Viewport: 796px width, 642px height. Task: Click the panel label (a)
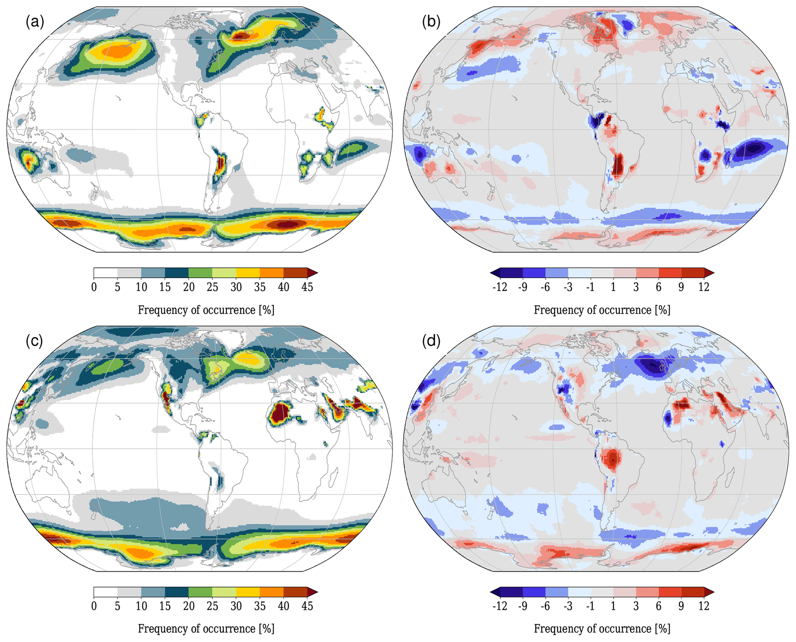click(x=35, y=22)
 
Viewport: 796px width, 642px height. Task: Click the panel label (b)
click(x=431, y=22)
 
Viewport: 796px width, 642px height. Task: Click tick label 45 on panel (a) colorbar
click(x=307, y=287)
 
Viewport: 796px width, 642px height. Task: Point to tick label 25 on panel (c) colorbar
click(x=212, y=606)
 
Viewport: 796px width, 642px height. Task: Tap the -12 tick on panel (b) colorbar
click(x=499, y=287)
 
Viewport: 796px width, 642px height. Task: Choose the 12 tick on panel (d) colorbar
click(x=704, y=606)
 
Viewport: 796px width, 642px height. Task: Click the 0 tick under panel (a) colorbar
click(x=94, y=287)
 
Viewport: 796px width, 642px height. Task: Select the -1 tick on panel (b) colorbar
click(x=590, y=287)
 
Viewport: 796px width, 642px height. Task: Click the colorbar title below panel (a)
click(x=206, y=310)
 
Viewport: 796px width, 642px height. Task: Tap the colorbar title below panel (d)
click(x=602, y=629)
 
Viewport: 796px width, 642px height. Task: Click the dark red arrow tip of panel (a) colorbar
click(x=313, y=273)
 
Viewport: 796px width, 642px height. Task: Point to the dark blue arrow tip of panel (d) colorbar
click(x=495, y=592)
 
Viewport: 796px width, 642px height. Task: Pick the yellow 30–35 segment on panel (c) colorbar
click(x=248, y=592)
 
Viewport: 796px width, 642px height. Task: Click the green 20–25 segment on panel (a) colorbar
click(x=200, y=273)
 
